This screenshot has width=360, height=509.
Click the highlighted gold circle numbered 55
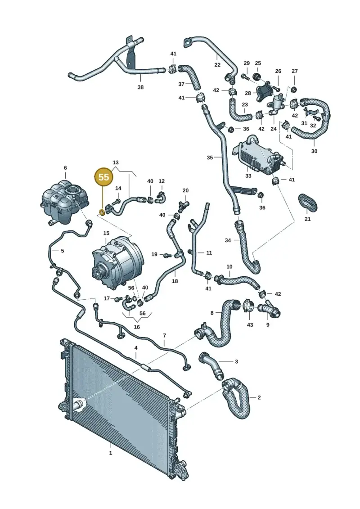[103, 177]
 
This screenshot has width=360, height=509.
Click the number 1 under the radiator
[110, 452]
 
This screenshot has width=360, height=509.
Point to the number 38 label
[140, 87]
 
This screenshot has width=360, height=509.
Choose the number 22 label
[217, 65]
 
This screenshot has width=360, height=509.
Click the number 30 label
[314, 151]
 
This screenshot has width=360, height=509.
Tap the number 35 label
[210, 158]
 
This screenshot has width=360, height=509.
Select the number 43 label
[250, 324]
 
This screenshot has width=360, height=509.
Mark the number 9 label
[267, 324]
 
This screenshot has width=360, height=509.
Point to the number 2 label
[259, 397]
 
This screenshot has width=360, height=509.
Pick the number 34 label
[228, 240]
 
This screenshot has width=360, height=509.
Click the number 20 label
[185, 190]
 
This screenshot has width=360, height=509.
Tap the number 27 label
[294, 71]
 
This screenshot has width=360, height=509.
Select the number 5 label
[63, 251]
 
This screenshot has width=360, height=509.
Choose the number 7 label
[164, 335]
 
